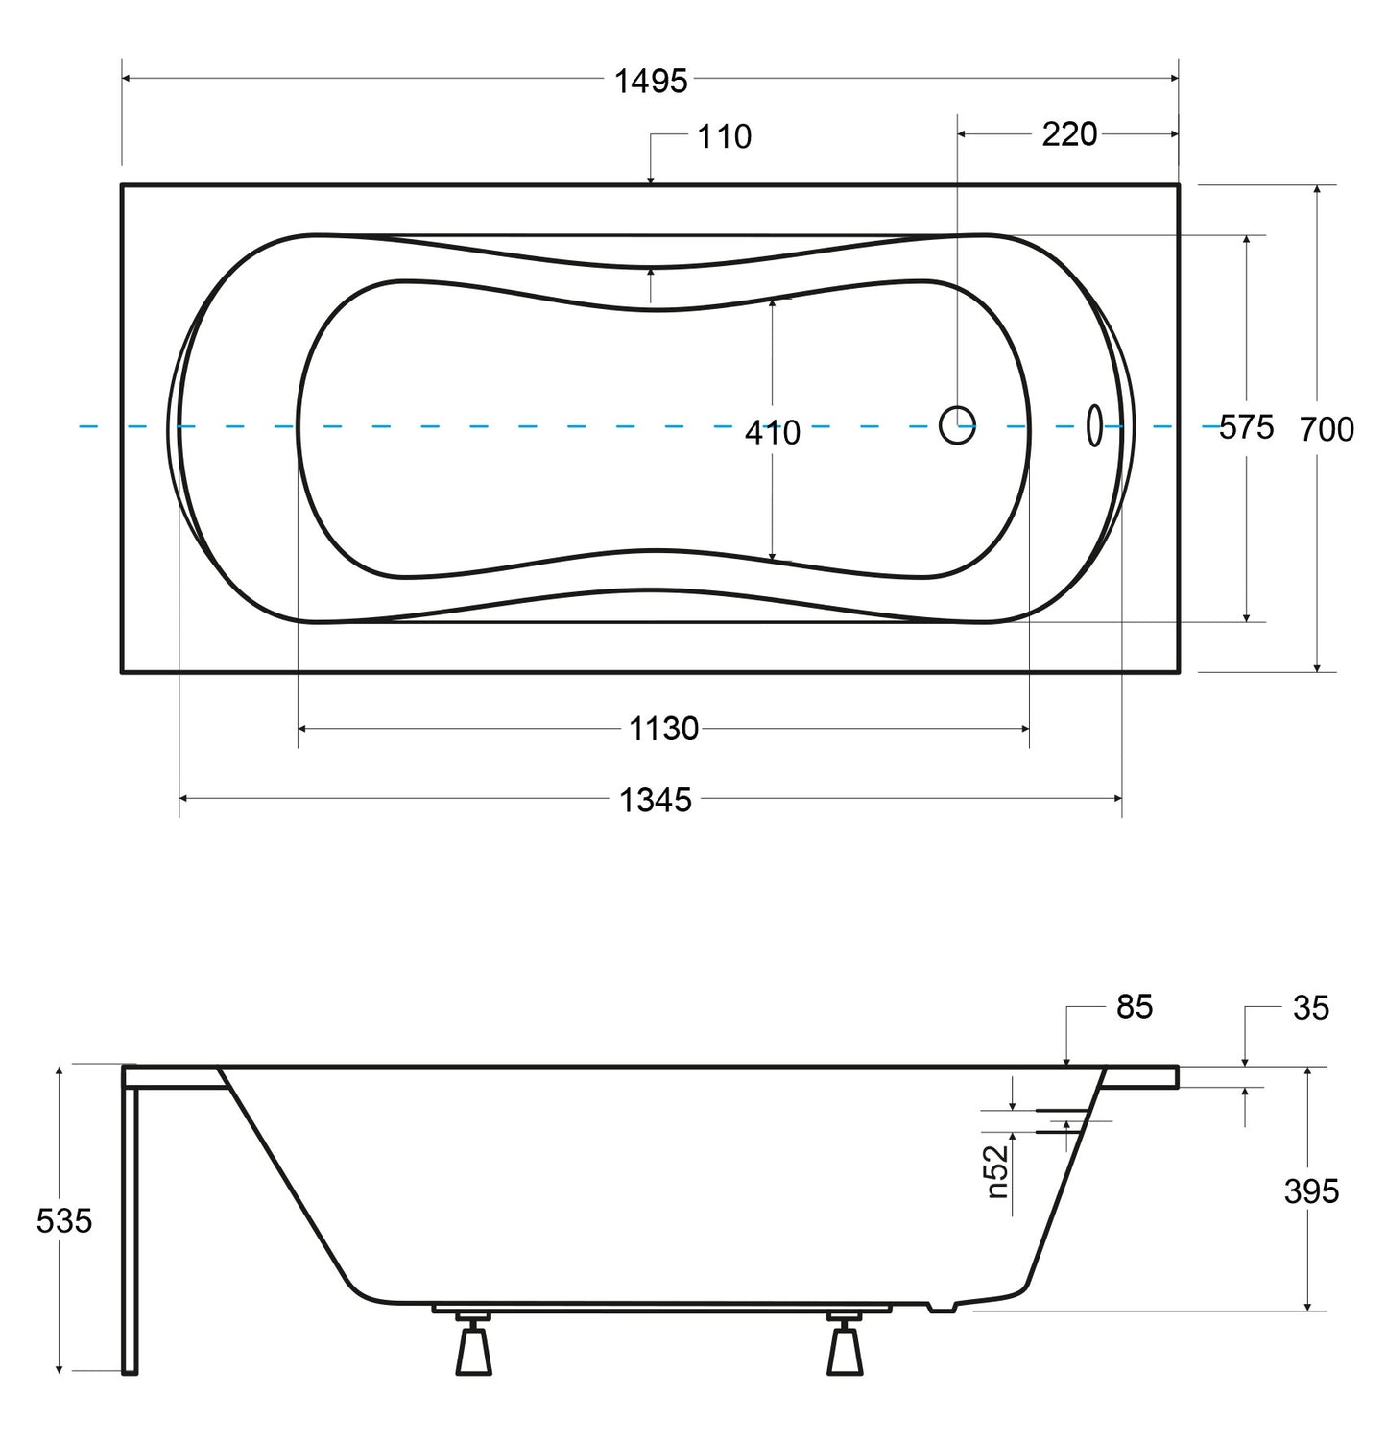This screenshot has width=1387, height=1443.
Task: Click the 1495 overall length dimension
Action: [651, 82]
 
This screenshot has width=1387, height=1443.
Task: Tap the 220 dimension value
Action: [1069, 134]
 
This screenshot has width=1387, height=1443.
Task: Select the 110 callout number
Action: [725, 137]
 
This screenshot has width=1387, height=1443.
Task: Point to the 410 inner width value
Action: [773, 433]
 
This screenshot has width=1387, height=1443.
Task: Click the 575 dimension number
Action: [1247, 427]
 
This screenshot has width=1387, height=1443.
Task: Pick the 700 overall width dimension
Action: [1327, 429]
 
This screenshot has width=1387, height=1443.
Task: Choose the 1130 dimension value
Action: [664, 730]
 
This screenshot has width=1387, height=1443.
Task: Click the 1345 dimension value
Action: [656, 800]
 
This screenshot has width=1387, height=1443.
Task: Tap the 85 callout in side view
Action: [1135, 1006]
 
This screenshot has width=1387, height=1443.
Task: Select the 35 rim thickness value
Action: [1311, 1008]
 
